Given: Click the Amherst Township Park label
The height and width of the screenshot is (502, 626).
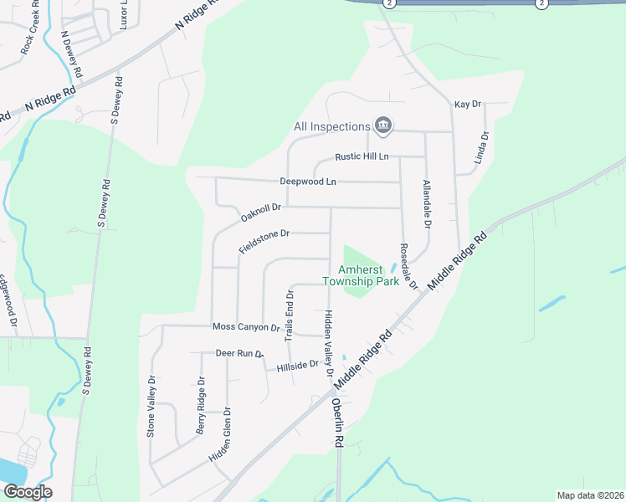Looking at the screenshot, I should point(361,275).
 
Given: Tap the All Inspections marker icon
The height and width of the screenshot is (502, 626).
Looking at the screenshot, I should point(383,126).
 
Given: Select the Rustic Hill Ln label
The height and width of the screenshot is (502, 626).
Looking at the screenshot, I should point(362,156).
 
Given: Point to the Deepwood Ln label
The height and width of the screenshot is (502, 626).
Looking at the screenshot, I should point(307,181).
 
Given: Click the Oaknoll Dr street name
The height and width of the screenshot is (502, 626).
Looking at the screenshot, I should point(264,213).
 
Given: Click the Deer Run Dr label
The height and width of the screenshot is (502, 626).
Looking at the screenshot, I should point(239,354).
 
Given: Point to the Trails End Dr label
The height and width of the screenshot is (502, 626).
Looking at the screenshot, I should point(290,315).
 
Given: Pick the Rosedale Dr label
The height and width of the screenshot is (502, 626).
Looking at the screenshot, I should point(408,267).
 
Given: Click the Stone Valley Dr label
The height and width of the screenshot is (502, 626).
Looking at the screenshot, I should point(151,406).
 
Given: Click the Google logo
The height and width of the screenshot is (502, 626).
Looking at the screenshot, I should point(28,492).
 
